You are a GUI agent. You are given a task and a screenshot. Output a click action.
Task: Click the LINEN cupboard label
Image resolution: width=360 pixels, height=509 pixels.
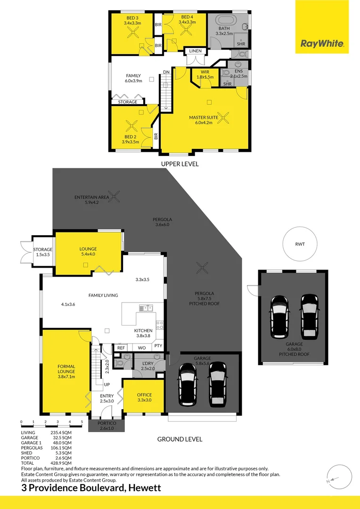click(x=196, y=51)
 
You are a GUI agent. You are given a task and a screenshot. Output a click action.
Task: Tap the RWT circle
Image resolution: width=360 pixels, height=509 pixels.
click(x=300, y=244)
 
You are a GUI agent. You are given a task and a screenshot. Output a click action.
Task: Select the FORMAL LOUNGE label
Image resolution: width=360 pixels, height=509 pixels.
click(x=66, y=371)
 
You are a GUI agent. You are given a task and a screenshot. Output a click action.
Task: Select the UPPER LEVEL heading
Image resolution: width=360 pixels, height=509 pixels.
click(x=180, y=164)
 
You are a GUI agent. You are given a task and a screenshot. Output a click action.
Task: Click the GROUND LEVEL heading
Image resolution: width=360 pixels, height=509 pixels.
click(x=180, y=439)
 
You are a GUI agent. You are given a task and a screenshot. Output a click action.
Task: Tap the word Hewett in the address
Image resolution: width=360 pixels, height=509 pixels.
click(x=144, y=488)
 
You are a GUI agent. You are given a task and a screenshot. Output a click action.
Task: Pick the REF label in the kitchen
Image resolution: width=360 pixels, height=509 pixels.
click(x=121, y=347)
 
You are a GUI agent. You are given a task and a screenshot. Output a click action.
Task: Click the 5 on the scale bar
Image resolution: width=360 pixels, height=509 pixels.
click(x=82, y=422)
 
